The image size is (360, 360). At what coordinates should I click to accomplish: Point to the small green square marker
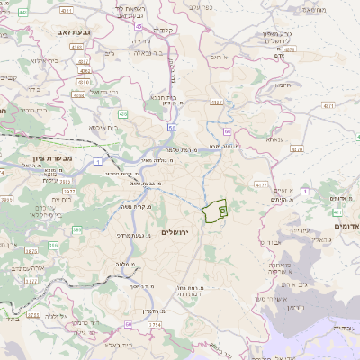221,207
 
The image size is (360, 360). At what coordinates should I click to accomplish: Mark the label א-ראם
213,57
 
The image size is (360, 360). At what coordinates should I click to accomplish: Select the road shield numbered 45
138,27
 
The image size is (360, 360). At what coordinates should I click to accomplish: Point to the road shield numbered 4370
297,150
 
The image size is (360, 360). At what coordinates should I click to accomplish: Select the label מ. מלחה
125,263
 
